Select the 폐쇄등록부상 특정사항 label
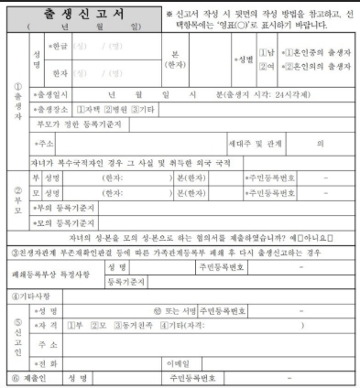click(x=50, y=275)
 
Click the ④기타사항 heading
click(x=31, y=296)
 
